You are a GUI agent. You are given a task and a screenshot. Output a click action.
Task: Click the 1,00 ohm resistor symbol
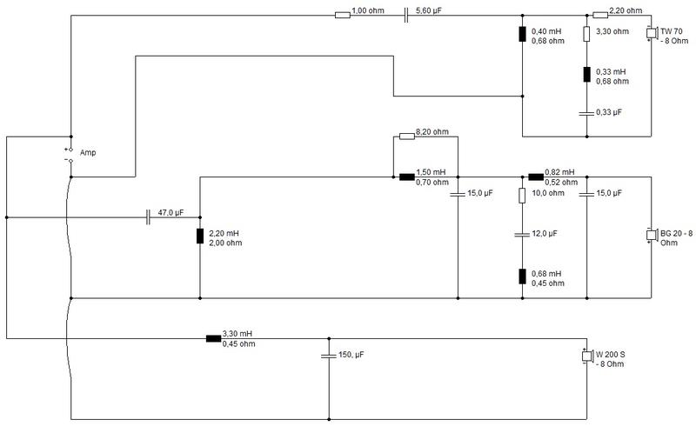[342, 16]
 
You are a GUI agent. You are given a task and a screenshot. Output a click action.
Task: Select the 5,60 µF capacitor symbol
[406, 16]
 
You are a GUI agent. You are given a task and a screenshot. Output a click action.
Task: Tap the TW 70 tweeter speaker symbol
[651, 33]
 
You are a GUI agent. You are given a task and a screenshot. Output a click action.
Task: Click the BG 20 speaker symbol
[651, 235]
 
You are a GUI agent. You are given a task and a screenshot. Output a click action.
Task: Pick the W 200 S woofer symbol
[586, 356]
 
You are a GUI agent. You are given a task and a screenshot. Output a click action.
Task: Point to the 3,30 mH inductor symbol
[213, 338]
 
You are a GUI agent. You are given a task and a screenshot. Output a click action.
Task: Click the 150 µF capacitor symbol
[329, 356]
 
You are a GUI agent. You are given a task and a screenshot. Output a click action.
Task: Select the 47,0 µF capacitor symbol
[148, 217]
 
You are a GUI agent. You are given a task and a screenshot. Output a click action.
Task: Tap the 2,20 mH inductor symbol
[200, 236]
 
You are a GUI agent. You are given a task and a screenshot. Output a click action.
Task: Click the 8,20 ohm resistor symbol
[407, 137]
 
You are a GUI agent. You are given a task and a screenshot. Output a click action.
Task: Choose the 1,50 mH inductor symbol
[407, 177]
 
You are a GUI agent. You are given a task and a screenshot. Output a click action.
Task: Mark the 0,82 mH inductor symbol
[536, 177]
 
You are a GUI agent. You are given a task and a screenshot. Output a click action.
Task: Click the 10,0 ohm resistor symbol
[523, 196]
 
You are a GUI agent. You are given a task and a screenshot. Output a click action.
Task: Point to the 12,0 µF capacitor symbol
[523, 234]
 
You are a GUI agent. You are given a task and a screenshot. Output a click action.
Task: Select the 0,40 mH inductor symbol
[523, 34]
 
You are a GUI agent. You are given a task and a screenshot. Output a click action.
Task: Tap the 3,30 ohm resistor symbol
[586, 34]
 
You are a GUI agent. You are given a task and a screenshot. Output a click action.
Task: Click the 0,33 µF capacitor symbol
[586, 114]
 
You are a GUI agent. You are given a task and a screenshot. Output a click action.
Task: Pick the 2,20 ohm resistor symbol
[600, 16]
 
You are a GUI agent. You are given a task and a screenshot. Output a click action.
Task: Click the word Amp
[88, 153]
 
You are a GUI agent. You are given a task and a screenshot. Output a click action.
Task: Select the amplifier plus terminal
[70, 150]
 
